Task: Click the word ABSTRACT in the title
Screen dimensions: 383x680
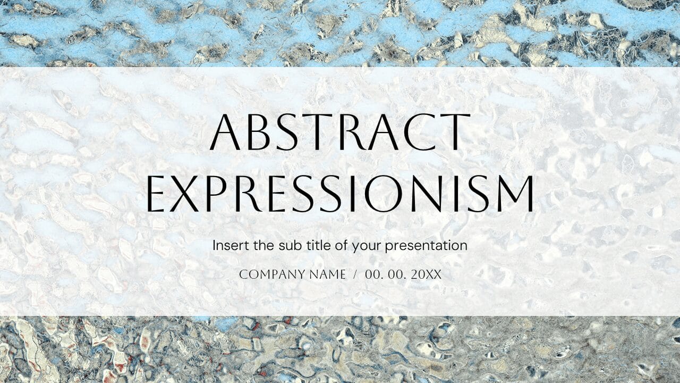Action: [x=340, y=131]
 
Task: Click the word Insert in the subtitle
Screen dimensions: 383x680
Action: [x=227, y=245]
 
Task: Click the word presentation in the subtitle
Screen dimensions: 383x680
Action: [x=426, y=246]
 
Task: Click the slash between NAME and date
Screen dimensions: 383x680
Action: [x=355, y=275]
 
